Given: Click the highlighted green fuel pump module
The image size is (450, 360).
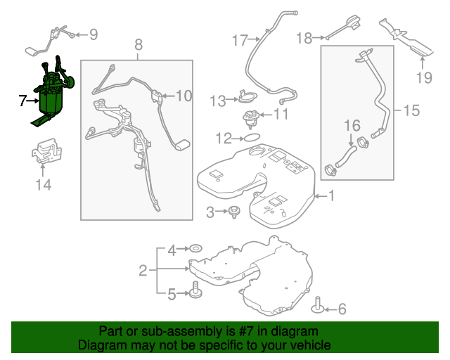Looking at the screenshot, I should point(51,98).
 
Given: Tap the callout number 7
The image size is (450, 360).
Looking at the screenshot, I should point(23,101).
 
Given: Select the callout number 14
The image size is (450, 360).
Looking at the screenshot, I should point(44,185).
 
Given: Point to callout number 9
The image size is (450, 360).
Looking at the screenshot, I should point(93,34).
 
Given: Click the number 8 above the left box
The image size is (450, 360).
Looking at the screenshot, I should point(138,44).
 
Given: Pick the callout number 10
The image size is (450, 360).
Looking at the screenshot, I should point(183,96).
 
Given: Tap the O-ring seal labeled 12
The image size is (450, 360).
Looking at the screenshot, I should point(251,138).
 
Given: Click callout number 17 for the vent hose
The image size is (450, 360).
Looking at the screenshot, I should point(240,39).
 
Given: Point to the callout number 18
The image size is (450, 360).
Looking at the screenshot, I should point(304,38).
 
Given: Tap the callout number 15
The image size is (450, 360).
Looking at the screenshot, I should point(411,110).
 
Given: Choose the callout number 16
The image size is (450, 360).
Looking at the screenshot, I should point(352,126).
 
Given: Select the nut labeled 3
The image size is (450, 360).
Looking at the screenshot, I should point(231,210).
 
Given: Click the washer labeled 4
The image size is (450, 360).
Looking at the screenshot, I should point(195,249).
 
